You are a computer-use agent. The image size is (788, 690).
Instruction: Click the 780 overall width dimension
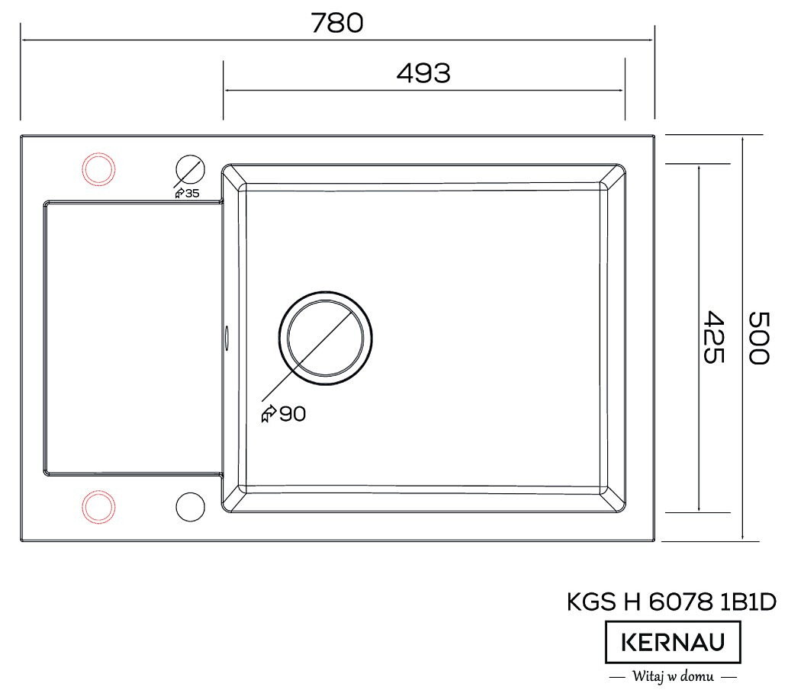(336, 24)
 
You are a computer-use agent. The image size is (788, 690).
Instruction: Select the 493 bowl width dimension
(423, 73)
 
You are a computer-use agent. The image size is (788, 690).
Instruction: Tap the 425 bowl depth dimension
(712, 336)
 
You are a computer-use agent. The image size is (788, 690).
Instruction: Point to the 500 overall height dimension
(757, 337)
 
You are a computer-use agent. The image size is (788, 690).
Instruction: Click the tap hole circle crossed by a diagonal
(189, 168)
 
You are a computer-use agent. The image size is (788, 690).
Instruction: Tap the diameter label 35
(191, 194)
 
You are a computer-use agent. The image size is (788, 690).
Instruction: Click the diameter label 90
(292, 414)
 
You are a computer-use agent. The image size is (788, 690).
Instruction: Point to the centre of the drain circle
(326, 336)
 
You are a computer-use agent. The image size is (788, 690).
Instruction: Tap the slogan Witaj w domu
(673, 676)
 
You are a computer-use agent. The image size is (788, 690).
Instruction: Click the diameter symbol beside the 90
(269, 415)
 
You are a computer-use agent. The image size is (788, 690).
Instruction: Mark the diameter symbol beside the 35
(179, 194)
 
